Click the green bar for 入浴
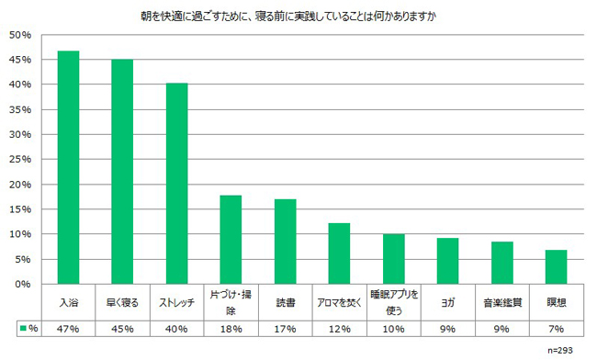click(x=68, y=167)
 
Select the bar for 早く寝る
click(x=122, y=172)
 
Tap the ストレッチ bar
click(x=176, y=184)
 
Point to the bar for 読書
click(x=285, y=242)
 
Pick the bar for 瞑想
click(x=556, y=266)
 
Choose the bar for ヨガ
click(x=448, y=261)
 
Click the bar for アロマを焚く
click(x=339, y=253)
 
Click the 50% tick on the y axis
click(x=20, y=35)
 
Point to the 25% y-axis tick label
click(x=20, y=160)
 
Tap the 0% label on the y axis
click(x=23, y=285)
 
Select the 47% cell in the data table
click(x=68, y=329)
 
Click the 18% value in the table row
click(x=231, y=329)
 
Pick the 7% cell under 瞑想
click(x=557, y=329)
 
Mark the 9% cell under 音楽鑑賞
click(x=501, y=329)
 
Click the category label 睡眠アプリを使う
click(x=394, y=302)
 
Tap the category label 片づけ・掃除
click(x=231, y=302)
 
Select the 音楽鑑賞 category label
click(x=502, y=303)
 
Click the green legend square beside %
click(x=24, y=329)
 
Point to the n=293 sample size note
click(x=560, y=351)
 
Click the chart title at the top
click(x=288, y=17)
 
